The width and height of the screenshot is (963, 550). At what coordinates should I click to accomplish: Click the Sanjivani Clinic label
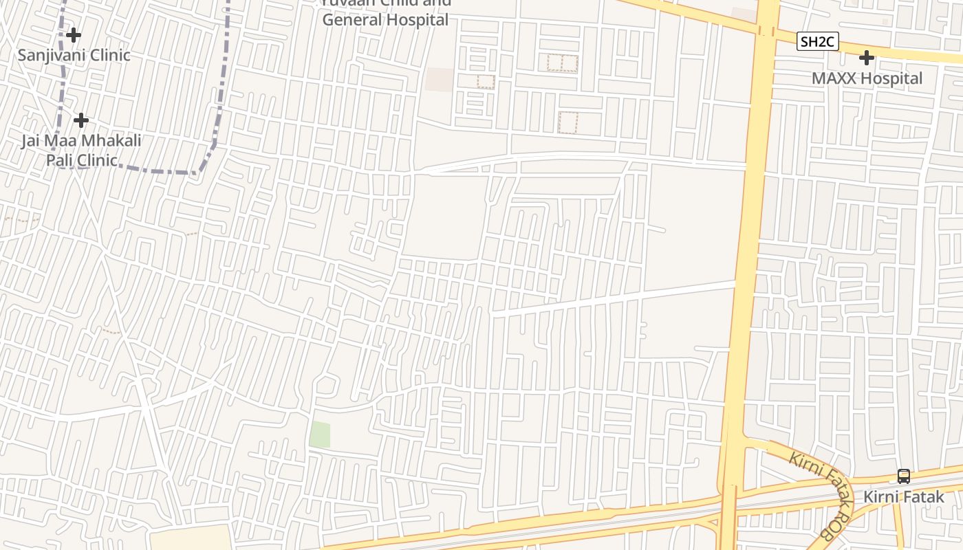pos(74,55)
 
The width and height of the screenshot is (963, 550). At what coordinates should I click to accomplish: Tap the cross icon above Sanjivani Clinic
pos(74,35)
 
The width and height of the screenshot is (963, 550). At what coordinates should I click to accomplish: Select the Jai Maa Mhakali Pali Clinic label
pos(81,151)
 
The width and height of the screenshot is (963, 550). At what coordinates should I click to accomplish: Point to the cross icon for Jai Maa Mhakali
pos(81,120)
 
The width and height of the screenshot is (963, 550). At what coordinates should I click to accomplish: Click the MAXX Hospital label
pos(867,78)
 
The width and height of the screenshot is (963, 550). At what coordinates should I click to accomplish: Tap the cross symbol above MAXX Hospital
pos(867,58)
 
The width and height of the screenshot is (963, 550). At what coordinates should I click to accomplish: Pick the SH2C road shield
pos(818,42)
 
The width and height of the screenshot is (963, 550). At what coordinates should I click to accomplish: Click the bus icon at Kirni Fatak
pos(904,476)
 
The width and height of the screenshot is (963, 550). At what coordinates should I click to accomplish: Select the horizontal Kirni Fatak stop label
pos(904,496)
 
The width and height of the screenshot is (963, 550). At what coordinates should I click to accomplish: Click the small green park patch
pos(320,434)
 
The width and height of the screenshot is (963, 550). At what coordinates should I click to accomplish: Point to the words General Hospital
pos(385,20)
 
